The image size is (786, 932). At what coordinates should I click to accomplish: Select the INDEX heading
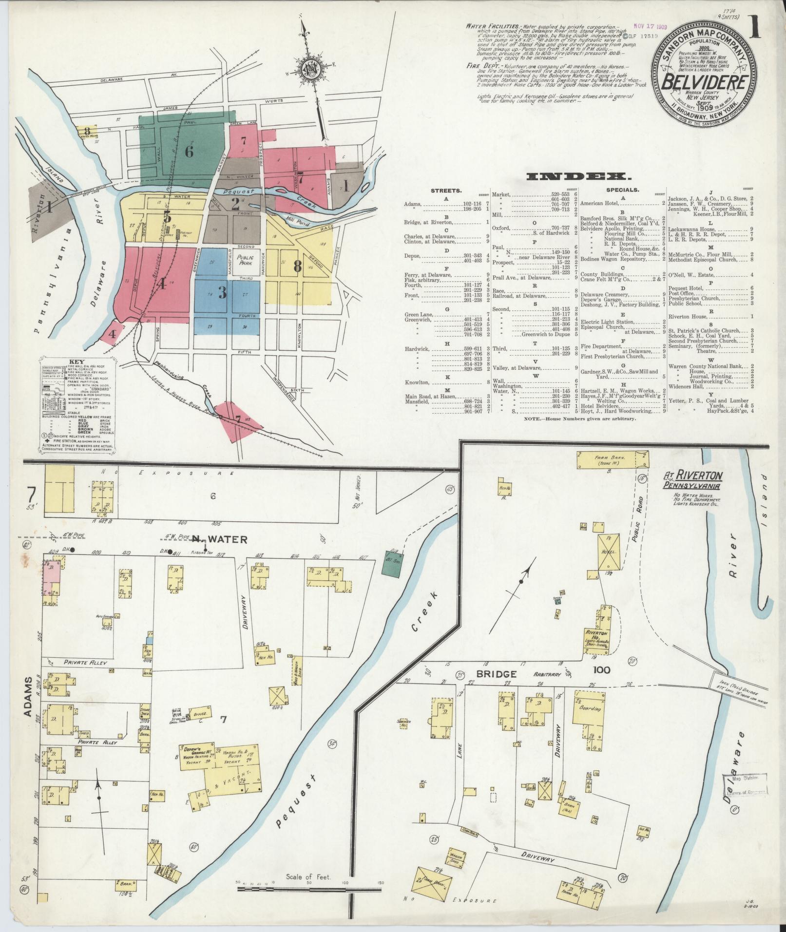570,176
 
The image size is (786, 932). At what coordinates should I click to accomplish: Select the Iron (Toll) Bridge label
741,682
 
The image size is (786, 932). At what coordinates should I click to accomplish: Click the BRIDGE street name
497,674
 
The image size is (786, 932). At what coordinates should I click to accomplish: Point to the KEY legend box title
77,362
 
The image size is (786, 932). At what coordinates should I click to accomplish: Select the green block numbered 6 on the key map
189,152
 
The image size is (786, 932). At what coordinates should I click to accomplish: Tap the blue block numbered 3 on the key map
222,293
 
